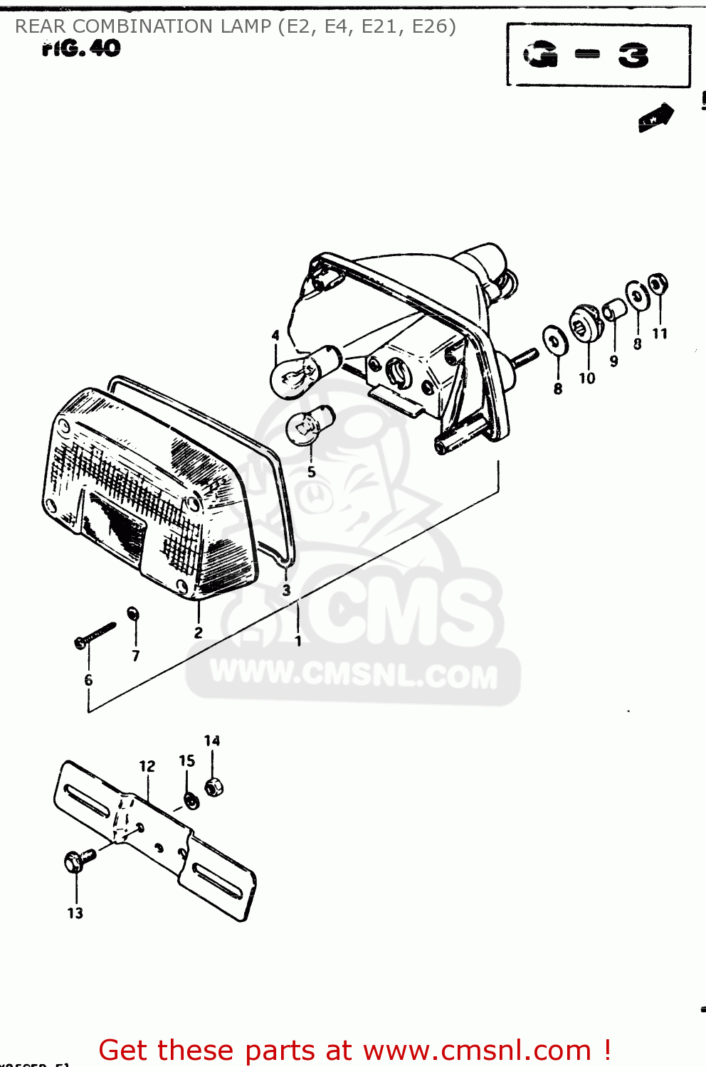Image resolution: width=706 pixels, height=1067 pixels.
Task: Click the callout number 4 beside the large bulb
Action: coord(276,335)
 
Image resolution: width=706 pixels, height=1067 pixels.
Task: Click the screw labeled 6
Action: coord(94,635)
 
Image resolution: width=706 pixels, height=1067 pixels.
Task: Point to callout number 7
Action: coord(136,656)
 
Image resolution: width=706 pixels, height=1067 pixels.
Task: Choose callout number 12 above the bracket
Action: coord(147,766)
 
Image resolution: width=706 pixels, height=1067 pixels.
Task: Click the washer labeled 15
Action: coord(191,801)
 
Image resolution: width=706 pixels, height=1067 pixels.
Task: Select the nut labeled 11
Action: coord(659,284)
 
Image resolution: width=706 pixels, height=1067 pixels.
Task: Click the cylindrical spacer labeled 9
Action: coord(614,310)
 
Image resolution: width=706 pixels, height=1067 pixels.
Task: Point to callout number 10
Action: coord(586,378)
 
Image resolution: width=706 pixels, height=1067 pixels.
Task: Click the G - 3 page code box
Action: coord(598,55)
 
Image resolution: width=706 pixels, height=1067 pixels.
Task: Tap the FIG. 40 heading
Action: coord(81,48)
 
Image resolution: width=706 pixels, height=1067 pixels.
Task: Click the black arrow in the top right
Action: coord(656,117)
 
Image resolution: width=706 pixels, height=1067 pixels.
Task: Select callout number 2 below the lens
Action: coord(198,632)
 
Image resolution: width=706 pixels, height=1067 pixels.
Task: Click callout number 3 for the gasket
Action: coord(286,590)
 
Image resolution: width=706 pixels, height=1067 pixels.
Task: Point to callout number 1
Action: coord(298,641)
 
